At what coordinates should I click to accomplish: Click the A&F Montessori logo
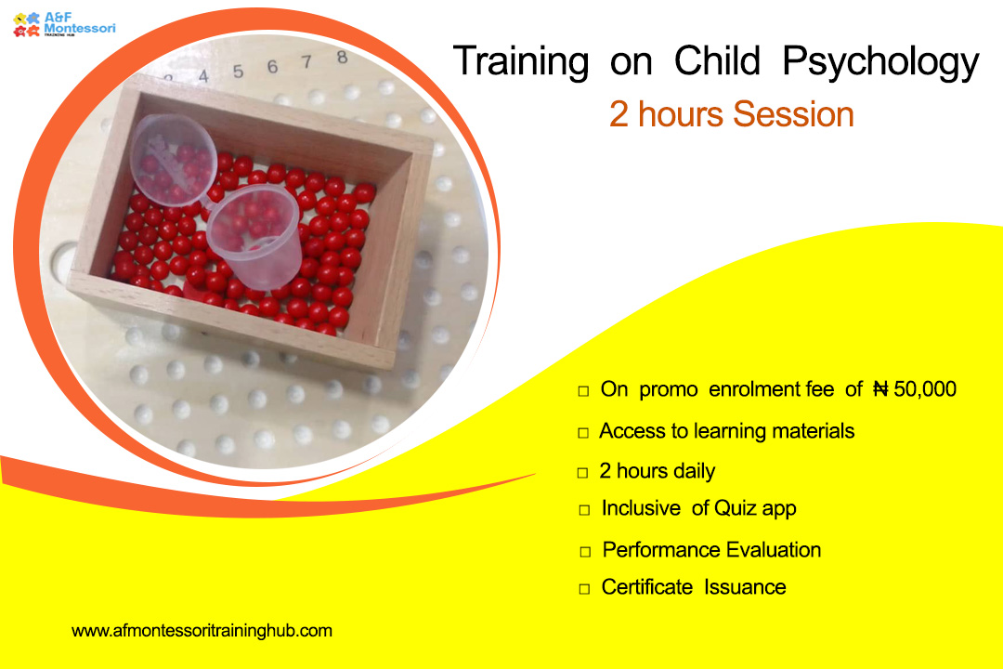(x=64, y=24)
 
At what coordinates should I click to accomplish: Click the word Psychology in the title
(x=880, y=63)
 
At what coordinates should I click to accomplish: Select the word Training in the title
(x=521, y=63)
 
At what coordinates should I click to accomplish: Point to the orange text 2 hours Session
(x=731, y=114)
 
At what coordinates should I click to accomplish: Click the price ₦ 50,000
(x=915, y=388)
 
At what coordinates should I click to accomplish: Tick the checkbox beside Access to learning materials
(x=582, y=433)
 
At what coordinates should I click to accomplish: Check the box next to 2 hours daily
(x=582, y=473)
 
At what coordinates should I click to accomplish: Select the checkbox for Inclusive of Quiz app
(x=584, y=510)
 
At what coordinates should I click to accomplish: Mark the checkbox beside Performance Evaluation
(x=585, y=552)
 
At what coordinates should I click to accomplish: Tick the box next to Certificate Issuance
(x=584, y=589)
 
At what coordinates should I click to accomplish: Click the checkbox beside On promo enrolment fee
(x=582, y=390)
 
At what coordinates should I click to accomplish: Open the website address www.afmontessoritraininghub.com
(x=202, y=631)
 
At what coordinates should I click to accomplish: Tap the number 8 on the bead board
(x=342, y=58)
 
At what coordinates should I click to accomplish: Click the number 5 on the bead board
(x=238, y=71)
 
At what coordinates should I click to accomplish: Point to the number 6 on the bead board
(x=272, y=67)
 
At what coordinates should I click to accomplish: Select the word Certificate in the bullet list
(x=646, y=587)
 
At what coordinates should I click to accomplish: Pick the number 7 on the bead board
(x=307, y=62)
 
